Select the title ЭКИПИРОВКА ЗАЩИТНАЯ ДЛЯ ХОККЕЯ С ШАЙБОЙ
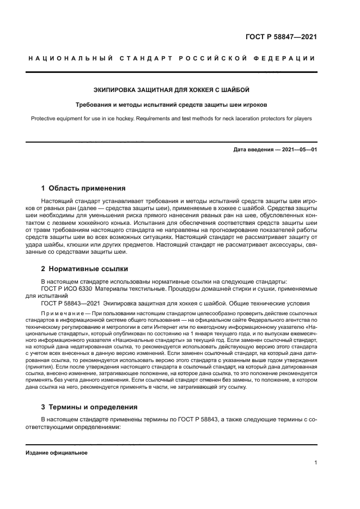[x=172, y=90]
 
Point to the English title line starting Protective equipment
[x=172, y=118]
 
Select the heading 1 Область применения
[x=83, y=188]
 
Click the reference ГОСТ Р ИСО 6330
[x=66, y=288]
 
